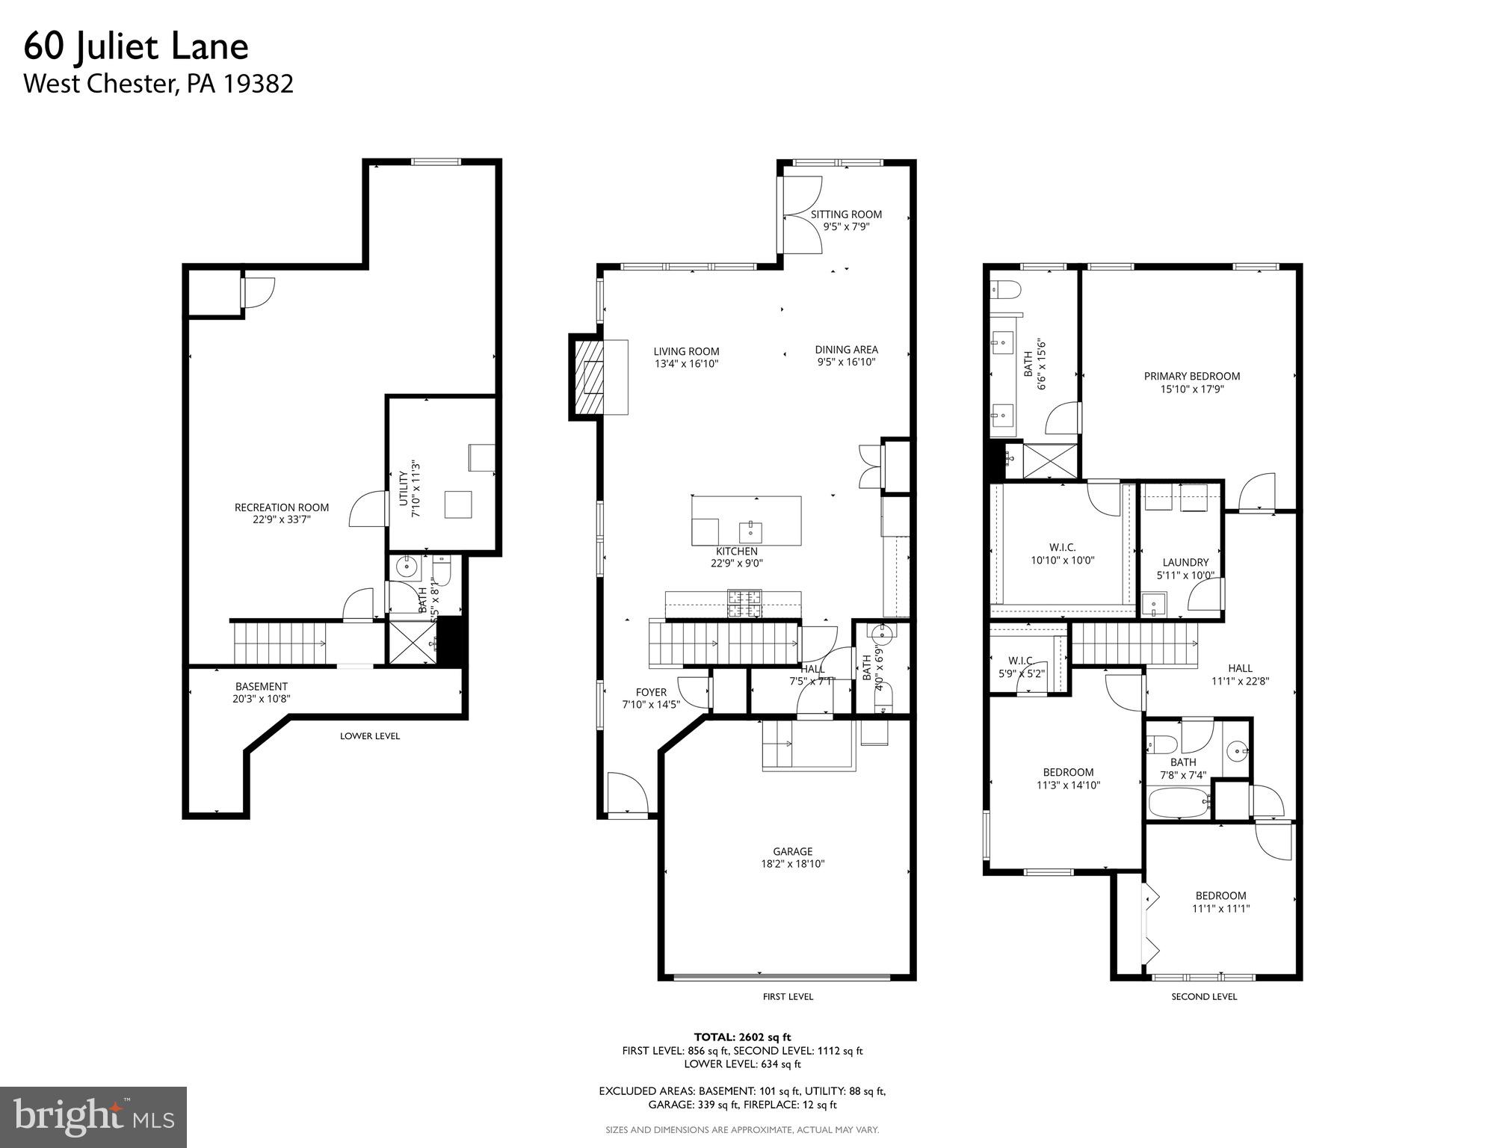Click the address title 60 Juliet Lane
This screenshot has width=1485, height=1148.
click(x=136, y=47)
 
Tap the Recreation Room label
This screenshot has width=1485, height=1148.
click(x=281, y=507)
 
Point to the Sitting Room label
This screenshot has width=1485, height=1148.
click(x=846, y=215)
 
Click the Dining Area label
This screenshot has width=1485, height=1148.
click(x=846, y=350)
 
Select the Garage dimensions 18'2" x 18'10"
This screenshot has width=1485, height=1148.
click(x=792, y=864)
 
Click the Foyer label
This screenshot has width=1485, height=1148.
click(x=650, y=692)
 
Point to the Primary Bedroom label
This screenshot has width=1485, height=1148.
click(x=1191, y=377)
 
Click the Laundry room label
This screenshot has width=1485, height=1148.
click(x=1185, y=563)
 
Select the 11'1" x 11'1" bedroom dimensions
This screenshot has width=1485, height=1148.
click(x=1220, y=909)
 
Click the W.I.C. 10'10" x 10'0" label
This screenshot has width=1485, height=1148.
click(x=1062, y=554)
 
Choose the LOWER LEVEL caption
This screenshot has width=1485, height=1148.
click(x=370, y=736)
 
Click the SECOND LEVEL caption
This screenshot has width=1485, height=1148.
click(x=1203, y=996)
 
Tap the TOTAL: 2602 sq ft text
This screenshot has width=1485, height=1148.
click(x=741, y=1037)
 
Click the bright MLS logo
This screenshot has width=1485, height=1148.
click(x=93, y=1117)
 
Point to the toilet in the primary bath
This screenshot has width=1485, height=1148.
click(x=1005, y=289)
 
